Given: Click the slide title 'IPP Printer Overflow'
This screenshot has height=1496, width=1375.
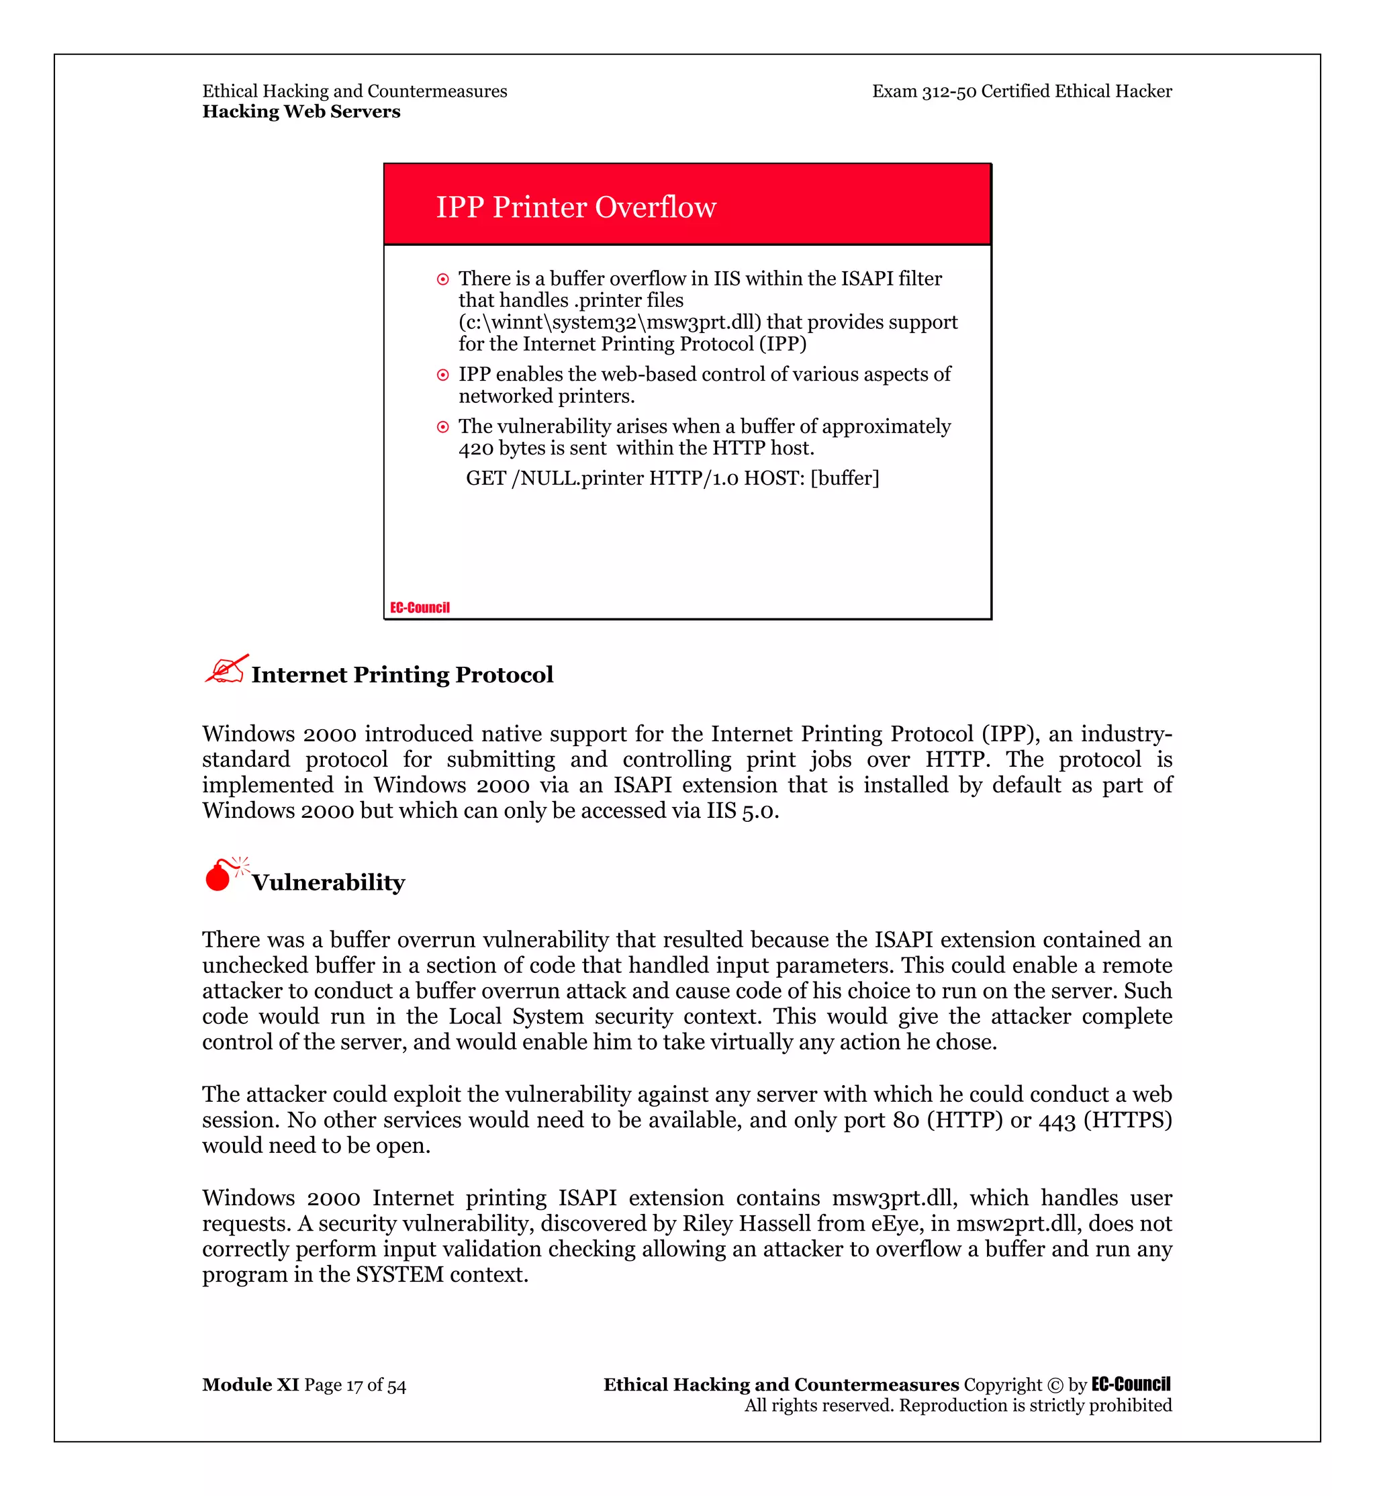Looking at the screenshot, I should pyautogui.click(x=576, y=207).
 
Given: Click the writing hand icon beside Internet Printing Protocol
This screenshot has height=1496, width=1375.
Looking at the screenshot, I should pyautogui.click(x=226, y=669).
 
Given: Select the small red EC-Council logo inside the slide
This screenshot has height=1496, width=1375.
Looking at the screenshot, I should pyautogui.click(x=420, y=608).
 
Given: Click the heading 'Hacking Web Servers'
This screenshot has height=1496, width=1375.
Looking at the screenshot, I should pyautogui.click(x=301, y=111).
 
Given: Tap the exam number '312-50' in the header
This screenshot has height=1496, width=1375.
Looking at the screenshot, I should pyautogui.click(x=949, y=91).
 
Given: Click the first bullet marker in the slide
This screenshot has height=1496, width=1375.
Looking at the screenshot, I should pyautogui.click(x=442, y=280).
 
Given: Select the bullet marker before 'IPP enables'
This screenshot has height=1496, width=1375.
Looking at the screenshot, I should pyautogui.click(x=442, y=375).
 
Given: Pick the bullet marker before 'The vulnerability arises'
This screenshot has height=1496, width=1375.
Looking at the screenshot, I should pyautogui.click(x=442, y=427).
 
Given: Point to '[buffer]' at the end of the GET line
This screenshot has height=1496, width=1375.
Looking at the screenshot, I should pyautogui.click(x=845, y=478).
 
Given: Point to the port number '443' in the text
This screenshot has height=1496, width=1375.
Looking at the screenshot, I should pyautogui.click(x=1057, y=1120).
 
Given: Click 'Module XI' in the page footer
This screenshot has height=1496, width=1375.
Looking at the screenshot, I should pyautogui.click(x=250, y=1385).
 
